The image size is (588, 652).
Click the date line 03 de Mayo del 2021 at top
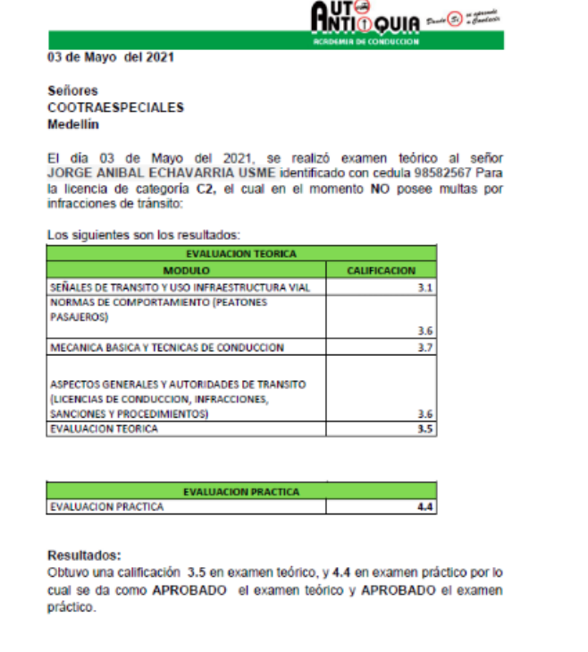pos(110,57)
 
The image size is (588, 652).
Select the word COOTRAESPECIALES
pos(115,107)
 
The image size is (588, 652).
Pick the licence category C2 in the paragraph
pos(205,189)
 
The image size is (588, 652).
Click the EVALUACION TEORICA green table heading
pos(242,254)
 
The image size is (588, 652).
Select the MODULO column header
pos(186,270)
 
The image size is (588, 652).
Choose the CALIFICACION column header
pos(381,270)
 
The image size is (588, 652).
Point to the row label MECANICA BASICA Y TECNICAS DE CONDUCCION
pos(167,347)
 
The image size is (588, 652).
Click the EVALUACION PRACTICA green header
pos(241,491)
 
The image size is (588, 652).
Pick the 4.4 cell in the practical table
pos(424,506)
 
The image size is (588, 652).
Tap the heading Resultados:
pos(83,555)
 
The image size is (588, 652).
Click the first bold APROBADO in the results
pos(189,591)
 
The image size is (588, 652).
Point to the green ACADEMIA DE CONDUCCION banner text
pos(365,42)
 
